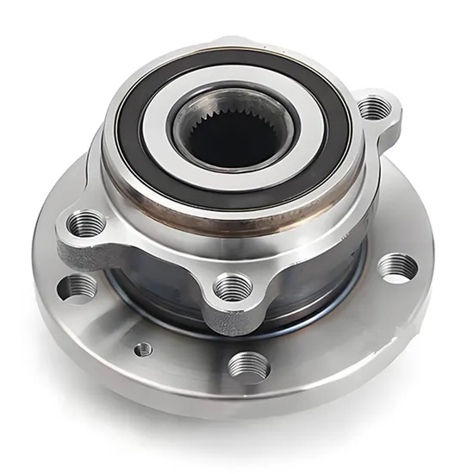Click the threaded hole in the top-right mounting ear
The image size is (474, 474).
[x=373, y=108]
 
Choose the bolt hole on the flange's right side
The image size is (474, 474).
[x=397, y=267]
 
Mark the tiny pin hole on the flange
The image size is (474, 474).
[x=143, y=349]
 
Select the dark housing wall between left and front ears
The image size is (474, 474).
[x=155, y=276]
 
